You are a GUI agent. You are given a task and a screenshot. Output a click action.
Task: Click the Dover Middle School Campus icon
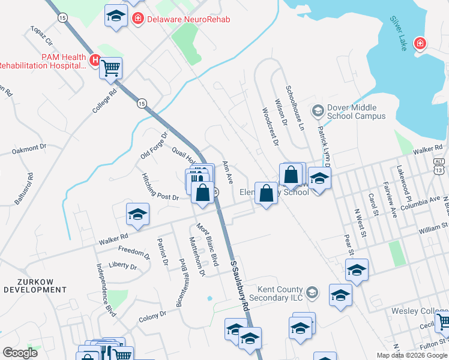tap(317, 110)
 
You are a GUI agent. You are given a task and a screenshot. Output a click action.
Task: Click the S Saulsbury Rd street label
tap(238, 284)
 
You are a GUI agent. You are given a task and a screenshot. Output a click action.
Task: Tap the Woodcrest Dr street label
tap(270, 126)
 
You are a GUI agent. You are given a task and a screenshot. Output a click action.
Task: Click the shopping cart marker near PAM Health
tap(111, 67)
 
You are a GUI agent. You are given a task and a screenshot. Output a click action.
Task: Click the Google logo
tap(20, 353)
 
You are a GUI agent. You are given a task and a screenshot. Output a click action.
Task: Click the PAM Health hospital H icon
tap(94, 60)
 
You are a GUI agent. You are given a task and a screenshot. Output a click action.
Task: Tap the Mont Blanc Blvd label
tap(208, 245)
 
